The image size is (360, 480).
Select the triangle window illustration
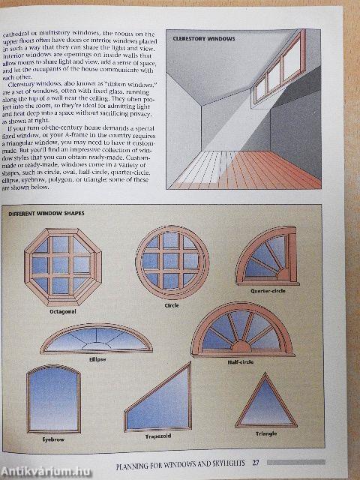(266, 402)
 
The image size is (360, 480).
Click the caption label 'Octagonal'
(62, 310)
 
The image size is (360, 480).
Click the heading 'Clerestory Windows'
(204, 37)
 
